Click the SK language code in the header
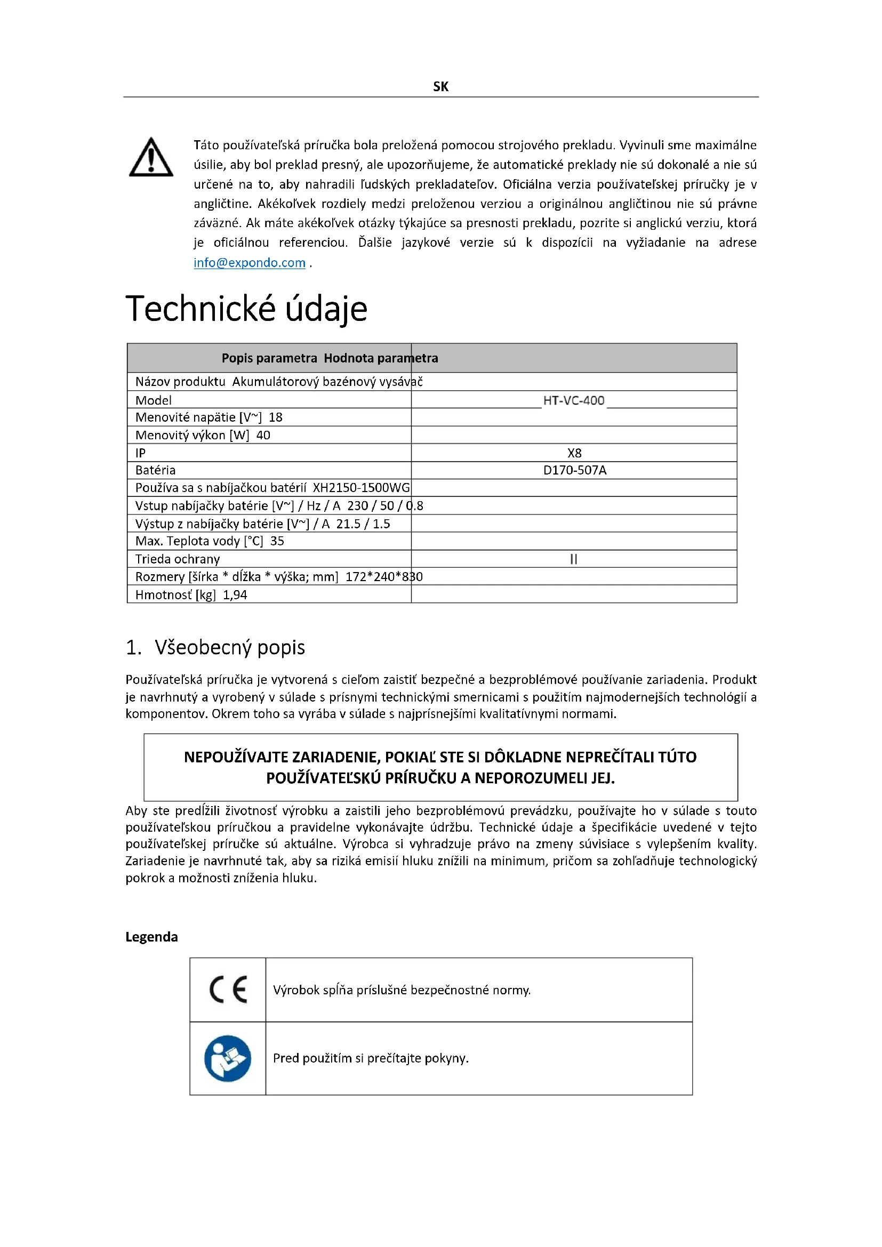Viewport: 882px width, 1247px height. pos(440,86)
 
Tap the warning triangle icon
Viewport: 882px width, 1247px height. pos(151,157)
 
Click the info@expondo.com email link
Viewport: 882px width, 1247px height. pos(249,263)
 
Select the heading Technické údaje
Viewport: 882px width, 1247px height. pos(246,309)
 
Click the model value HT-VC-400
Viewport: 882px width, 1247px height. pos(574,400)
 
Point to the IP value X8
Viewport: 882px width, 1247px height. pos(574,453)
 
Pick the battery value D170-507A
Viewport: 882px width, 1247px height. pos(575,470)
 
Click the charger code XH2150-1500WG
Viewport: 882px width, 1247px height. pos(361,488)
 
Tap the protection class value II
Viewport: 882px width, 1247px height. pos(574,559)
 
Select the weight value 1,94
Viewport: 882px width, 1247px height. pos(235,595)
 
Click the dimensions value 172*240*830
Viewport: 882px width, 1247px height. pos(384,577)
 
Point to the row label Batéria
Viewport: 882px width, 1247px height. pos(155,470)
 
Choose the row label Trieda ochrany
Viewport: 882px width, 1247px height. pos(178,559)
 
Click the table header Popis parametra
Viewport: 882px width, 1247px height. pos(269,358)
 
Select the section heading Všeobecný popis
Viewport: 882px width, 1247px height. pos(229,647)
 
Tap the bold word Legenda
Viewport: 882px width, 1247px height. pos(151,937)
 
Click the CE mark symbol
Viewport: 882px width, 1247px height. pos(228,990)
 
